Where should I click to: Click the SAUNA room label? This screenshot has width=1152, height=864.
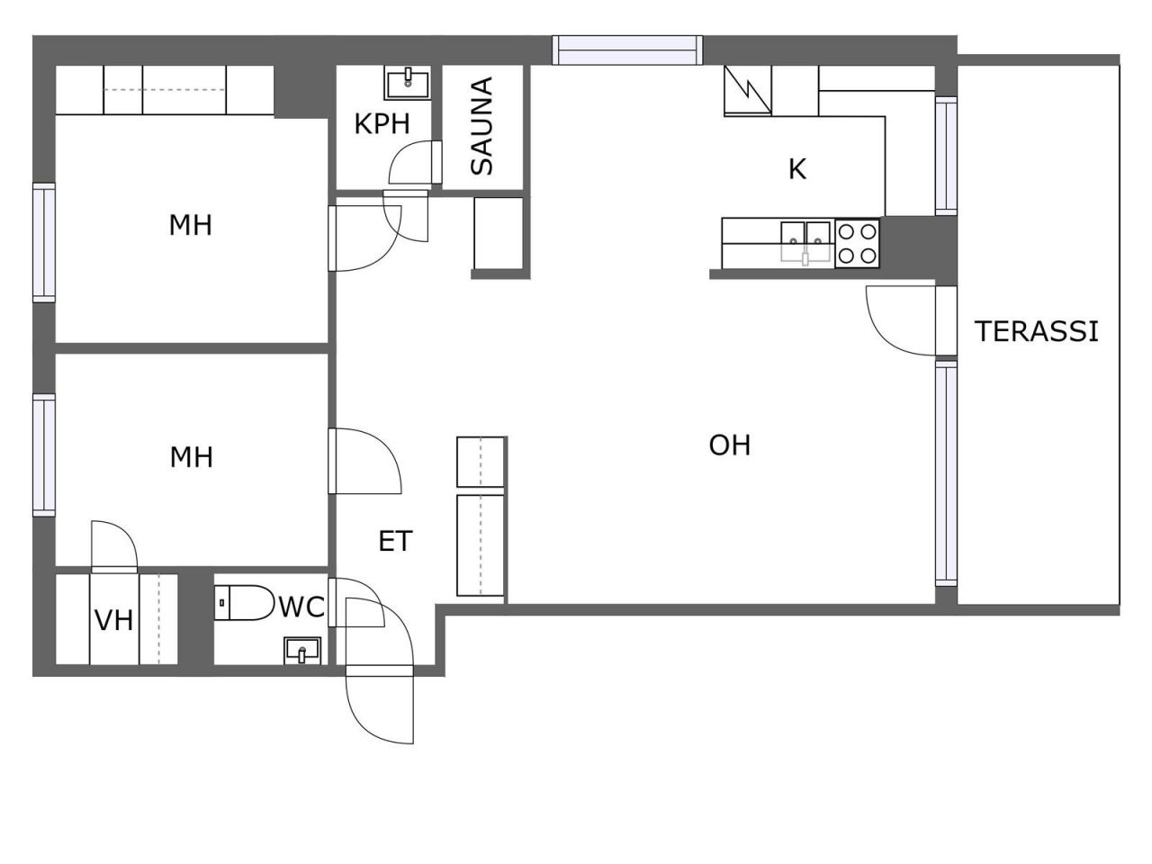point(482,126)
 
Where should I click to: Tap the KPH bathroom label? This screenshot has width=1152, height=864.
point(382,124)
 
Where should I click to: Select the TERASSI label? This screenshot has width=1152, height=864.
point(1036,331)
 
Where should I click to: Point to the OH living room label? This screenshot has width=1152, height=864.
point(729,445)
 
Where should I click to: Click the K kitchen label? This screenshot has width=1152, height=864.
point(796,169)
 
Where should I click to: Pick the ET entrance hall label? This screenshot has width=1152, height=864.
point(395,541)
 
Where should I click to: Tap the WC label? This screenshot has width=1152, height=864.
point(301,607)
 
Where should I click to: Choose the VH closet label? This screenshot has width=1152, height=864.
point(114,621)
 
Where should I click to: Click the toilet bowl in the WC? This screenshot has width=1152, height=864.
point(244,603)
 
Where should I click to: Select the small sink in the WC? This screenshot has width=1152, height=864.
point(301,651)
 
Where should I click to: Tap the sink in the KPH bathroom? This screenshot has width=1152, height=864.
point(408,83)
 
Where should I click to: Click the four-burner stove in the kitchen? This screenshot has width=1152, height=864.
point(857,244)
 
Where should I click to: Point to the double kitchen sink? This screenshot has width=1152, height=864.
point(805,242)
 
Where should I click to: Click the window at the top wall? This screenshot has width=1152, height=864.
point(627,50)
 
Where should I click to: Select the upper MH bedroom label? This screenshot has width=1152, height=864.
point(191,225)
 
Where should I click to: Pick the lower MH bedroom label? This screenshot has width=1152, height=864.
point(192,457)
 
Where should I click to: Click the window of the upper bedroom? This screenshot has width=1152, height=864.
point(44,242)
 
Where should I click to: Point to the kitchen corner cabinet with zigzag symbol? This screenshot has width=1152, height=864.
point(747,90)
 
